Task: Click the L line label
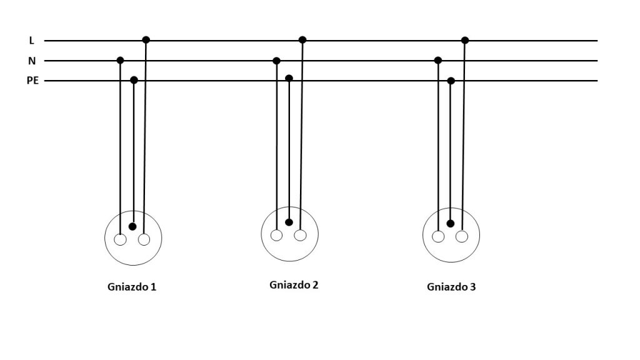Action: pos(31,41)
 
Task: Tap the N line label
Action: pos(32,61)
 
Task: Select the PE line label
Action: pos(32,81)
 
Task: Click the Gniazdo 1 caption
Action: pos(132,287)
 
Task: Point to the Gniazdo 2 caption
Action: pos(294,285)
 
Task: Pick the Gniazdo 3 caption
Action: pos(451,287)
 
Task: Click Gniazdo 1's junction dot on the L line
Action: pos(146,39)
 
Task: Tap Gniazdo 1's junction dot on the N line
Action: pos(120,61)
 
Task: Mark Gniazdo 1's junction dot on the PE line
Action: pos(134,80)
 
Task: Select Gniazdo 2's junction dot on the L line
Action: pos(302,39)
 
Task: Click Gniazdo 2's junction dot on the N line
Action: pos(276,61)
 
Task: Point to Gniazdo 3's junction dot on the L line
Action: pos(465,40)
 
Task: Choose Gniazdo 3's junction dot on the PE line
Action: pos(451,81)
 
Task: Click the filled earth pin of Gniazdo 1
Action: pos(132,226)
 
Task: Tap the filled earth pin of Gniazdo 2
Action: pos(289,222)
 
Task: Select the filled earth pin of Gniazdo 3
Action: pos(450,224)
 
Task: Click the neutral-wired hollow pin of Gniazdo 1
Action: pos(120,239)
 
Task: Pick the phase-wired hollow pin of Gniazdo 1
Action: pos(144,239)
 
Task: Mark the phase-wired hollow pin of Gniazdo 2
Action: pos(301,236)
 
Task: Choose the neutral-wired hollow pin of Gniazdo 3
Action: pos(438,237)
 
